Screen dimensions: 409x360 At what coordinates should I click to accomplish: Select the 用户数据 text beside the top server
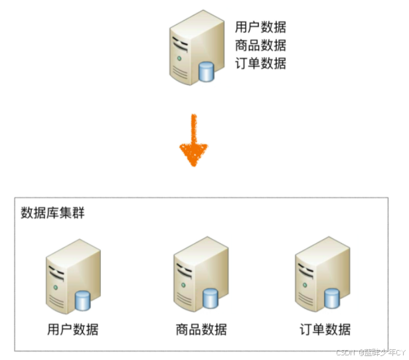pos(260,28)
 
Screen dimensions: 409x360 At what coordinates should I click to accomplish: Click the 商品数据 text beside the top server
pos(260,46)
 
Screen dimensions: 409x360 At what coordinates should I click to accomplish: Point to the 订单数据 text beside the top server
pos(260,64)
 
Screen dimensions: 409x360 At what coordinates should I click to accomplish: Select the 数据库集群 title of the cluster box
pos(52,213)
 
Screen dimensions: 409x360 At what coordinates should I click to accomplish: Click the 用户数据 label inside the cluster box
pos(72,329)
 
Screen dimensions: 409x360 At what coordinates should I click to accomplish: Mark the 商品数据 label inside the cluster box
pos(201,329)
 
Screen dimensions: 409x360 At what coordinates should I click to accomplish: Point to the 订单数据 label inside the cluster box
pos(325,329)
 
